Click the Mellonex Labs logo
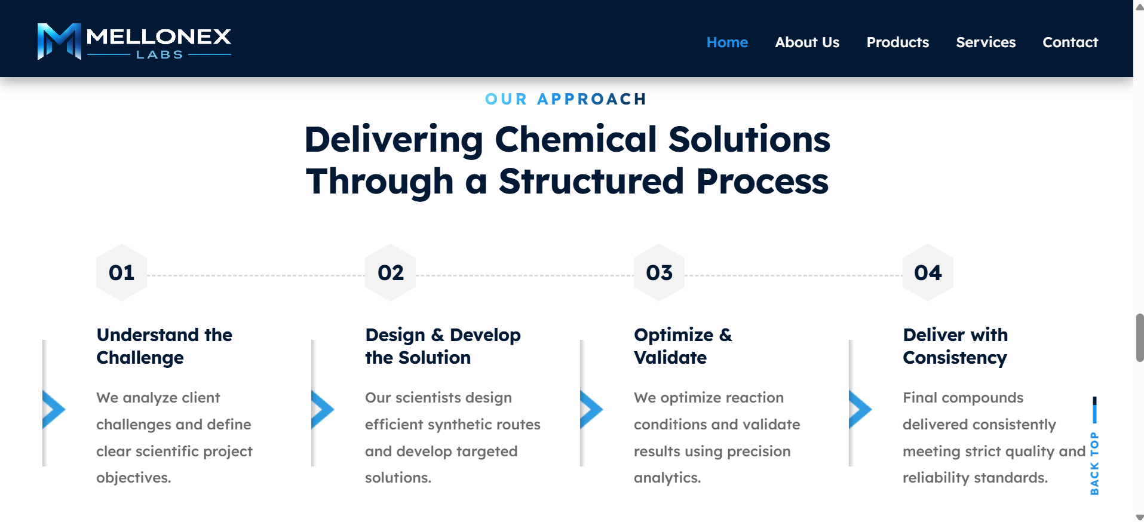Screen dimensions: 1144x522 pyautogui.click(x=134, y=41)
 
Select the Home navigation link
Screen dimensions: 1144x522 pyautogui.click(x=727, y=42)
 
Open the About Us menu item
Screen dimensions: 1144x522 pyautogui.click(x=807, y=42)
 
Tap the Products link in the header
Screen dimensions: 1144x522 pyautogui.click(x=897, y=42)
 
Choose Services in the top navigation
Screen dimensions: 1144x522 pyautogui.click(x=986, y=42)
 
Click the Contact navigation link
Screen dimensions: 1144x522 pyautogui.click(x=1070, y=42)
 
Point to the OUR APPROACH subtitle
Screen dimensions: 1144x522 pyautogui.click(x=566, y=99)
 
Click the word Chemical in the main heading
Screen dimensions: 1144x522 pyautogui.click(x=576, y=140)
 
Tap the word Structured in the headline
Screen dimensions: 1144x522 pyautogui.click(x=591, y=182)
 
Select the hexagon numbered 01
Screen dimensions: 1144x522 pyautogui.click(x=122, y=272)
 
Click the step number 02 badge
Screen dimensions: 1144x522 pyautogui.click(x=391, y=272)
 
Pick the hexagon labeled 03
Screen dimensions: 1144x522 pyautogui.click(x=660, y=272)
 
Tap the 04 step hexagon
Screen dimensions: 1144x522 pyautogui.click(x=928, y=272)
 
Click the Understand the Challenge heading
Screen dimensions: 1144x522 pyautogui.click(x=164, y=346)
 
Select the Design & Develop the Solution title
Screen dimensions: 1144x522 pyautogui.click(x=443, y=346)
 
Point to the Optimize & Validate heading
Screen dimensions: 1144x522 pyautogui.click(x=683, y=346)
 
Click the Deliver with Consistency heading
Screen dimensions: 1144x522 pyautogui.click(x=955, y=346)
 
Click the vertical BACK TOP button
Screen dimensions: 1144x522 pyautogui.click(x=1094, y=446)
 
